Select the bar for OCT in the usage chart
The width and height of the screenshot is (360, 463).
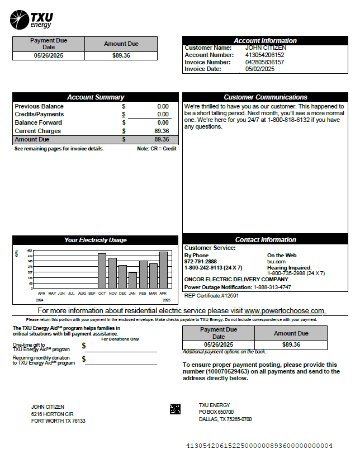tap(102, 271)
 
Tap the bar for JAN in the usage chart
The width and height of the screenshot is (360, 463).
tap(132, 280)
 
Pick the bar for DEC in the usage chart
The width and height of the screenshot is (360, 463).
tap(122, 276)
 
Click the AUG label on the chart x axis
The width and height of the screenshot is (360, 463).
tap(82, 293)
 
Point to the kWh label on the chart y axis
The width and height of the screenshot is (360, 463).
tap(17, 254)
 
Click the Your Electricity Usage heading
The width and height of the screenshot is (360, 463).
tap(96, 240)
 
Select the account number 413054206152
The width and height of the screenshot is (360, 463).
tap(264, 55)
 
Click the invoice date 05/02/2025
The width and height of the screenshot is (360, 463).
tap(260, 69)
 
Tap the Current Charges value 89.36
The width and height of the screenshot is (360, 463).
tap(162, 131)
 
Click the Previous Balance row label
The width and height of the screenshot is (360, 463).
tap(39, 106)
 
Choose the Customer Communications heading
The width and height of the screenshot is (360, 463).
tap(266, 97)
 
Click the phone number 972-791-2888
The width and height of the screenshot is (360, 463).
tap(201, 261)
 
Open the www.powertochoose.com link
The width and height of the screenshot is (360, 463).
tap(285, 310)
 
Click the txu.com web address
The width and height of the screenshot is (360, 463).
tap(276, 261)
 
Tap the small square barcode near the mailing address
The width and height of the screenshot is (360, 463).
tap(175, 409)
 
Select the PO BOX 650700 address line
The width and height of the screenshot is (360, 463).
tap(216, 412)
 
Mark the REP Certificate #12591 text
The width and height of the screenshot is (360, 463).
tap(211, 295)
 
